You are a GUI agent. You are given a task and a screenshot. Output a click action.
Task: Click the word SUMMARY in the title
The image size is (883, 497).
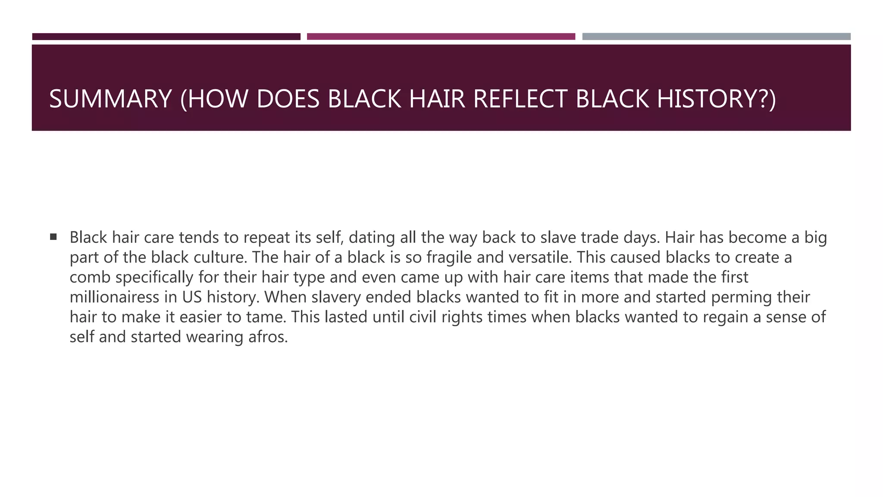tap(110, 99)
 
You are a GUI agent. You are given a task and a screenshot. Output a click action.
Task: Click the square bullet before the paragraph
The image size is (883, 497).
tap(53, 236)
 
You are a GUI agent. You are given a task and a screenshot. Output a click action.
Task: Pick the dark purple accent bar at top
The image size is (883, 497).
tap(166, 37)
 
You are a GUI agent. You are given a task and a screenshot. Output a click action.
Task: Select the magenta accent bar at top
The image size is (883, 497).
tap(441, 37)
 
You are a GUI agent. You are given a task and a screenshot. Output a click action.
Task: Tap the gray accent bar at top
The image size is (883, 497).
tap(716, 37)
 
